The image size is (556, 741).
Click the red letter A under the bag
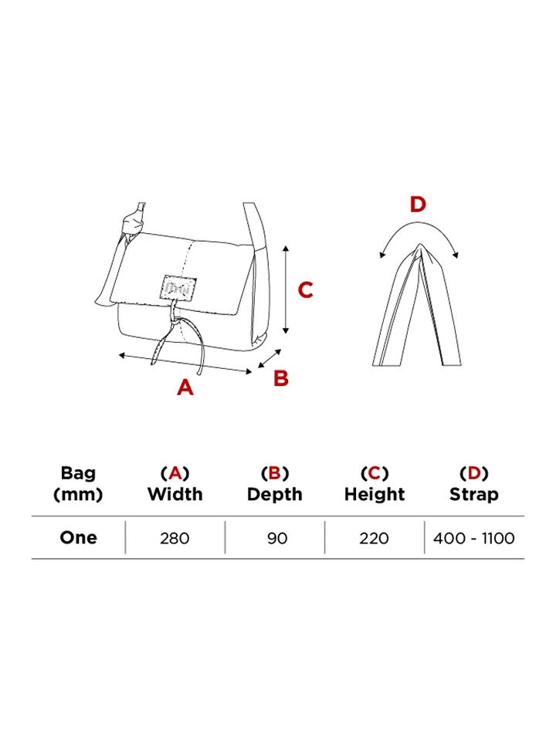(x=185, y=387)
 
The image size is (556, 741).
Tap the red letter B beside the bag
(x=281, y=378)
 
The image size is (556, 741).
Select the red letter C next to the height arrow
(x=306, y=290)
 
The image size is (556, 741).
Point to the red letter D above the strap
(x=417, y=205)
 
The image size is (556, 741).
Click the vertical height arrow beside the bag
(x=286, y=289)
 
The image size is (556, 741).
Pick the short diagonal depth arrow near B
(x=268, y=357)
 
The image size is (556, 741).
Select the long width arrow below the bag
(x=185, y=363)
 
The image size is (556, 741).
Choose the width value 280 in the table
(x=175, y=538)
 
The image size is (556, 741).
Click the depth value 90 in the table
(x=276, y=538)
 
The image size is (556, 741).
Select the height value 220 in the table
(x=375, y=538)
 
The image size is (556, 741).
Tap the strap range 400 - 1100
(x=474, y=538)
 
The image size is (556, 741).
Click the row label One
(x=78, y=538)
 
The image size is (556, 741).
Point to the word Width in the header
(x=175, y=495)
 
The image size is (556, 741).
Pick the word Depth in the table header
(x=275, y=495)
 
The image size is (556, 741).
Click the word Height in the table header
(x=375, y=495)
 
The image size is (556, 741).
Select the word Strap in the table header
(x=474, y=495)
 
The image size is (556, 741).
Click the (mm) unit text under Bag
(x=78, y=495)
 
